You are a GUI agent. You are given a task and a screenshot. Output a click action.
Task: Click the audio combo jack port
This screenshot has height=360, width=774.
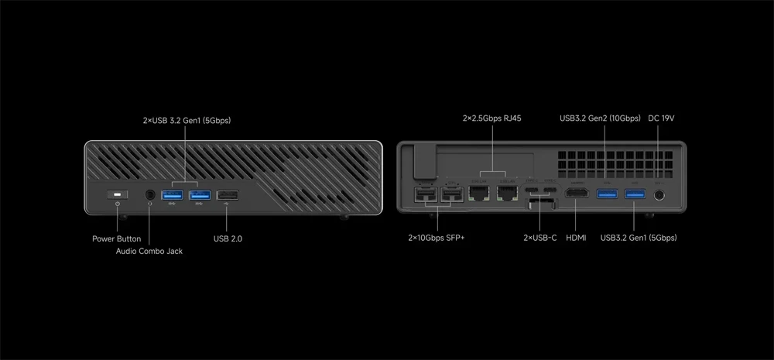(149, 194)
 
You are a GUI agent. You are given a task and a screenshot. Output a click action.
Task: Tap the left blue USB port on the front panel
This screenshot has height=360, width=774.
(173, 194)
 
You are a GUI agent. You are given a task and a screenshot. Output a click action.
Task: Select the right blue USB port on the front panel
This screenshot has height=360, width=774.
(200, 194)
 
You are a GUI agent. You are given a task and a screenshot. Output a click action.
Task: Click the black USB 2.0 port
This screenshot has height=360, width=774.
(228, 194)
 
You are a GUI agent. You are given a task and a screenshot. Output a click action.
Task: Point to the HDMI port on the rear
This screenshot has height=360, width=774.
(577, 194)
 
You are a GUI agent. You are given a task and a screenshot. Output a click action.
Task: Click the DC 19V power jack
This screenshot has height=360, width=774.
(659, 194)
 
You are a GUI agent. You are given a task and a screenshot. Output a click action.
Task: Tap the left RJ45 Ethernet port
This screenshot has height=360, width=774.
(480, 193)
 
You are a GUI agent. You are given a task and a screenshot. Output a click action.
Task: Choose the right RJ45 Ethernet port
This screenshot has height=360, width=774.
(507, 193)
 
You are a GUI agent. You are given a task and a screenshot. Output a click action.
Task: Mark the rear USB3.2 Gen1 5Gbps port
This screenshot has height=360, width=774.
(634, 194)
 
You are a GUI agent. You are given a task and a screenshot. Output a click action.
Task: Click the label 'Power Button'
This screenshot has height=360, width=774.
(116, 239)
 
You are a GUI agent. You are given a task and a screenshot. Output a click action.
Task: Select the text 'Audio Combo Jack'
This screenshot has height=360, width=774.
(149, 252)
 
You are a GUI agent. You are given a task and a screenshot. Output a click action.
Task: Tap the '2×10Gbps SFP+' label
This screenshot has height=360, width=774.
(437, 238)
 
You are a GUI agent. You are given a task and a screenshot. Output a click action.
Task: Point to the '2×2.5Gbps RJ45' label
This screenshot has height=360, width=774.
(491, 118)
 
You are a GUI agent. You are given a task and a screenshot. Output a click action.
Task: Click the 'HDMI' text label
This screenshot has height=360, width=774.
(577, 238)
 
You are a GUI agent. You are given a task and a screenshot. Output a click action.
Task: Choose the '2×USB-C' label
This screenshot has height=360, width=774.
(539, 238)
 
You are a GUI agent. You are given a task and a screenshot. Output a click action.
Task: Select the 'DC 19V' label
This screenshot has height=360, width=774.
(662, 118)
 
